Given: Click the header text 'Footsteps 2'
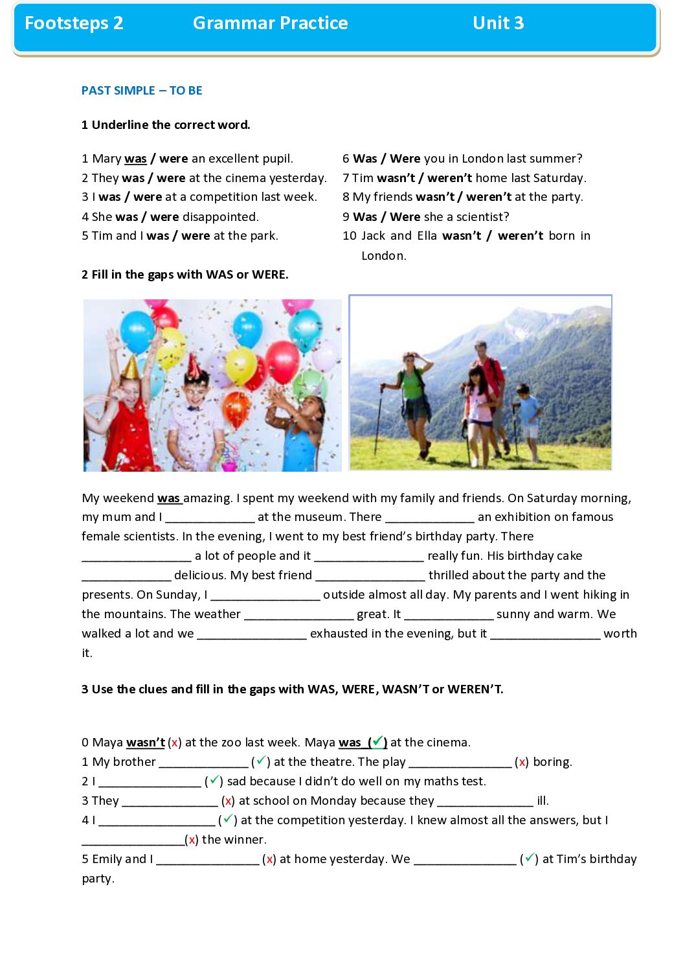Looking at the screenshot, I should (x=74, y=23).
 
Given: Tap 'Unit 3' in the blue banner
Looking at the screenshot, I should (x=498, y=23).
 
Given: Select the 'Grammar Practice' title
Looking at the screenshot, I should (x=270, y=23).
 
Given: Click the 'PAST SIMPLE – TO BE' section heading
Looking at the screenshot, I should (x=142, y=91).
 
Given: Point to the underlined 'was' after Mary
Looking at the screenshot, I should (x=135, y=159).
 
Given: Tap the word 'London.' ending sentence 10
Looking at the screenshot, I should (x=383, y=255).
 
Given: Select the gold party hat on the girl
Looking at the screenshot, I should (x=130, y=367).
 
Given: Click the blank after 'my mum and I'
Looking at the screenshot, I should (x=210, y=517).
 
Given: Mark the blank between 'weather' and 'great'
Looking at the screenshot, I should (x=298, y=614).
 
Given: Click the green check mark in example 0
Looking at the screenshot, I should (x=377, y=741).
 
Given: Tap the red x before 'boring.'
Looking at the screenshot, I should (x=522, y=762).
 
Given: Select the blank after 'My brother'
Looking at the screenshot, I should (x=203, y=762).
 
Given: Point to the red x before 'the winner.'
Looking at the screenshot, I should (x=192, y=840).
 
